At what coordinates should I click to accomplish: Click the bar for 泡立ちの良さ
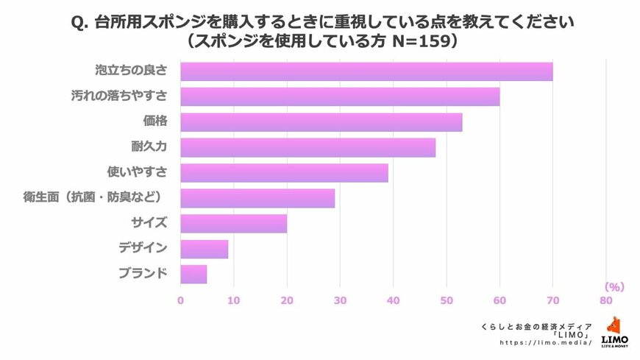coord(366,71)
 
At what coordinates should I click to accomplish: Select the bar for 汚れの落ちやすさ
coord(340,96)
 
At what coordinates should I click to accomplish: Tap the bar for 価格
coord(321,122)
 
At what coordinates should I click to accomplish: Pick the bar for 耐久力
coord(307,147)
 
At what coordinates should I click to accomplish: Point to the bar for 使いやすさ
coord(284,173)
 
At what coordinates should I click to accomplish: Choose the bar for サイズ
coord(233,223)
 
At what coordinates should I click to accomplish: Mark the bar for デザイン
coord(204,249)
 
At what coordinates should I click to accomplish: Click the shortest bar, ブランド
coord(193,274)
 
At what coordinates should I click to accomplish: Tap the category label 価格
coord(155,121)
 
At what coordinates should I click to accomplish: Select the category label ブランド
coord(143,274)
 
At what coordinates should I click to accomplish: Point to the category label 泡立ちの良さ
coord(132,71)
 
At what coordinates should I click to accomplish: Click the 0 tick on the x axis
coord(180,300)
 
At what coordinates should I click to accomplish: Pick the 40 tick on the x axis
coord(393,300)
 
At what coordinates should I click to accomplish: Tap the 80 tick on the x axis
coord(605,300)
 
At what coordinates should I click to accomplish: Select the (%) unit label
coord(614,286)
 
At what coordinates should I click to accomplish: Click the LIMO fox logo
coord(614,326)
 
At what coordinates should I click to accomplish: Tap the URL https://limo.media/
coord(545,343)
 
